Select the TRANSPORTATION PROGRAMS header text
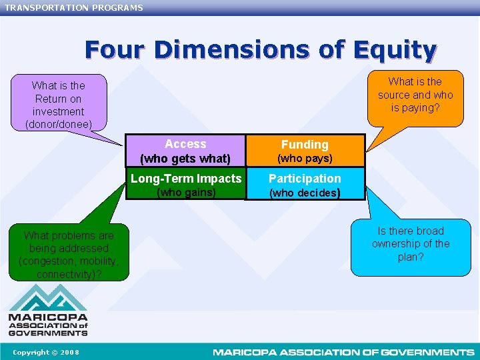tap(74, 7)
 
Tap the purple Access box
tap(185, 151)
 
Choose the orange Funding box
tap(305, 151)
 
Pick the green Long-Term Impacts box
tap(185, 184)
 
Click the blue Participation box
tap(305, 184)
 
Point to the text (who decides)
tap(305, 193)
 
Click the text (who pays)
tap(305, 159)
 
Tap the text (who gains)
tap(185, 193)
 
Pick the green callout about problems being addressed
tap(69, 254)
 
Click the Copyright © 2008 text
tap(45, 352)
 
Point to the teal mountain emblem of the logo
tap(47, 297)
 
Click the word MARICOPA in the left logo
tap(47, 317)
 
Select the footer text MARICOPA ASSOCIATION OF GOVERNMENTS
tap(343, 352)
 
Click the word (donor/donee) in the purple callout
tap(59, 124)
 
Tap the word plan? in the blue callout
tap(411, 257)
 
